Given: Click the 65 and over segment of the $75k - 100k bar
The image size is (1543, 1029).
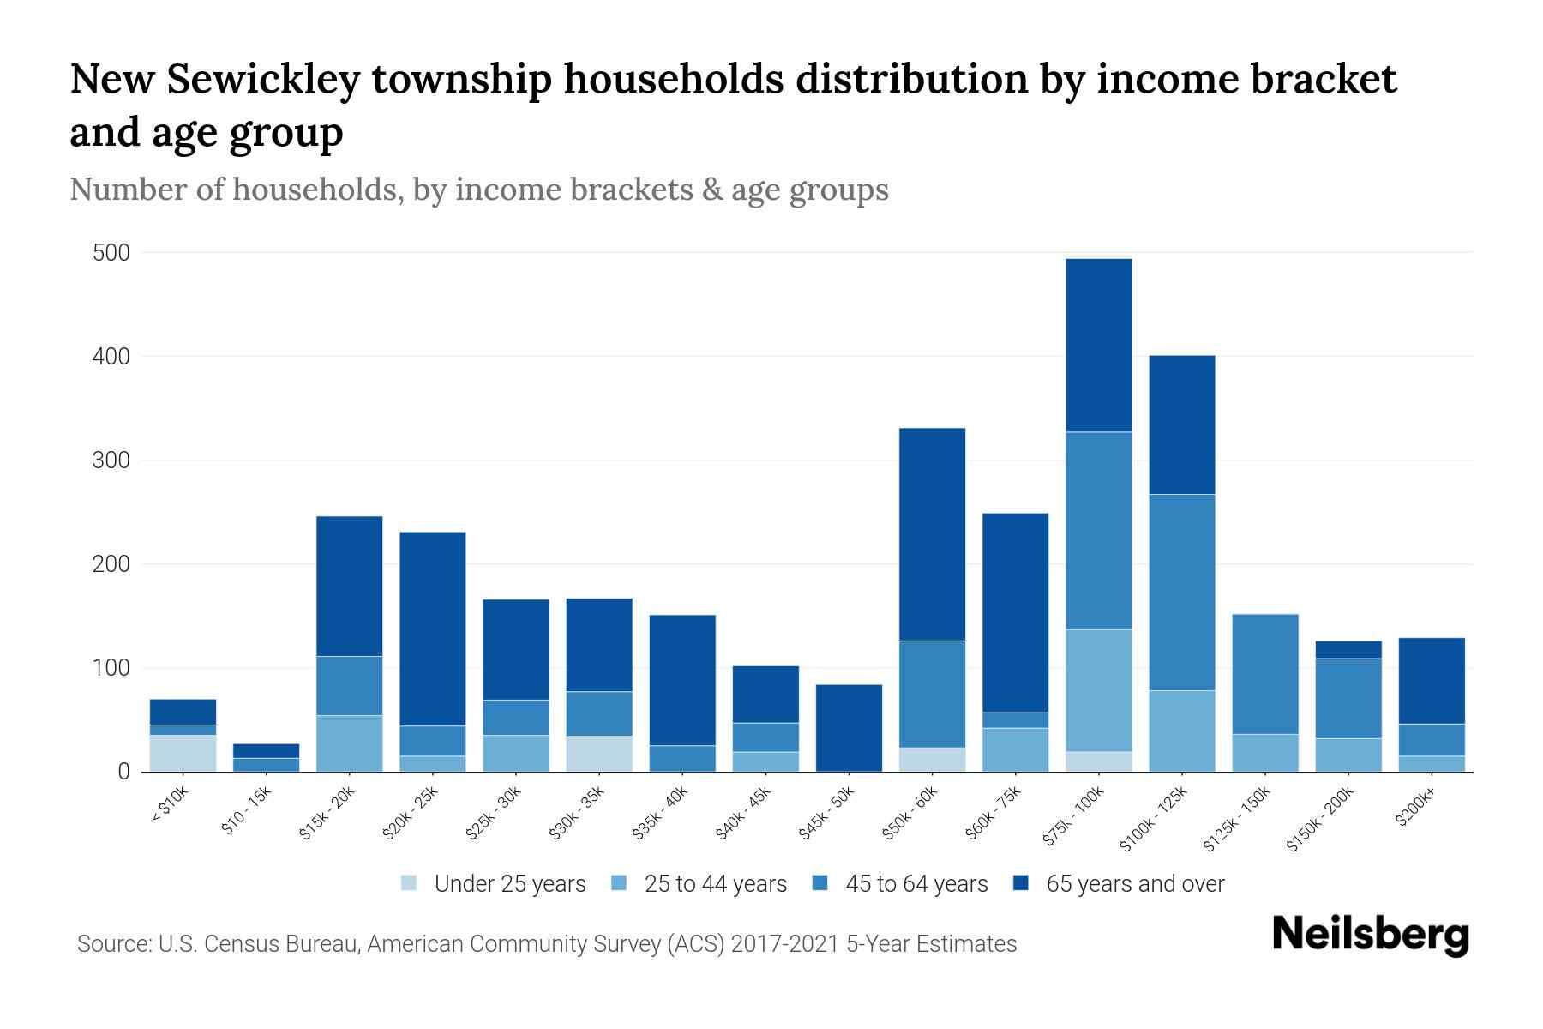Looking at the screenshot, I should tap(1098, 345).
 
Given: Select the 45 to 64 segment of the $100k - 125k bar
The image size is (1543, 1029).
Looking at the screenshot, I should tap(1181, 592).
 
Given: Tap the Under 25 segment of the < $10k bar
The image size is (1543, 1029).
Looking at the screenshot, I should tap(183, 753).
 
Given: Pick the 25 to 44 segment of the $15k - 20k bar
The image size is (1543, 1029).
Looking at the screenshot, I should tap(349, 743).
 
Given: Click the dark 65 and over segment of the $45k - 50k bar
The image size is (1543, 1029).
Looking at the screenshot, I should tap(849, 727).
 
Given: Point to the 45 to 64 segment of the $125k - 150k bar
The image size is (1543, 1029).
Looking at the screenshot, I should tap(1264, 674).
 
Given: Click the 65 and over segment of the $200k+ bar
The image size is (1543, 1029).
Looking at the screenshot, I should tap(1431, 681).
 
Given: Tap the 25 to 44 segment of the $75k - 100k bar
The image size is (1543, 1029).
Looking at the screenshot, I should tap(1098, 690).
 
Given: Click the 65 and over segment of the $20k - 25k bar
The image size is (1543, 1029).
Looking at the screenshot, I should tap(432, 629).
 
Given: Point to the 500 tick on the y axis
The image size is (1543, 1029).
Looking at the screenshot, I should tap(111, 253).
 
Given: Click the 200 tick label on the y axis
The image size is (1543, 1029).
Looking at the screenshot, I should tap(111, 564).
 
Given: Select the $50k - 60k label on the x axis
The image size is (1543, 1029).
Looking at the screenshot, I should tap(910, 815).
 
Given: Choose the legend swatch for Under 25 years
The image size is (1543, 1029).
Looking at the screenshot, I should tap(410, 883).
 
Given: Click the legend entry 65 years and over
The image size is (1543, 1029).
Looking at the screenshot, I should tap(1135, 883).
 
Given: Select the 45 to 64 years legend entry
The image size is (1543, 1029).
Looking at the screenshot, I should tap(916, 883).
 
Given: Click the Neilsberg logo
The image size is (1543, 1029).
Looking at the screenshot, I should tap(1370, 935).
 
